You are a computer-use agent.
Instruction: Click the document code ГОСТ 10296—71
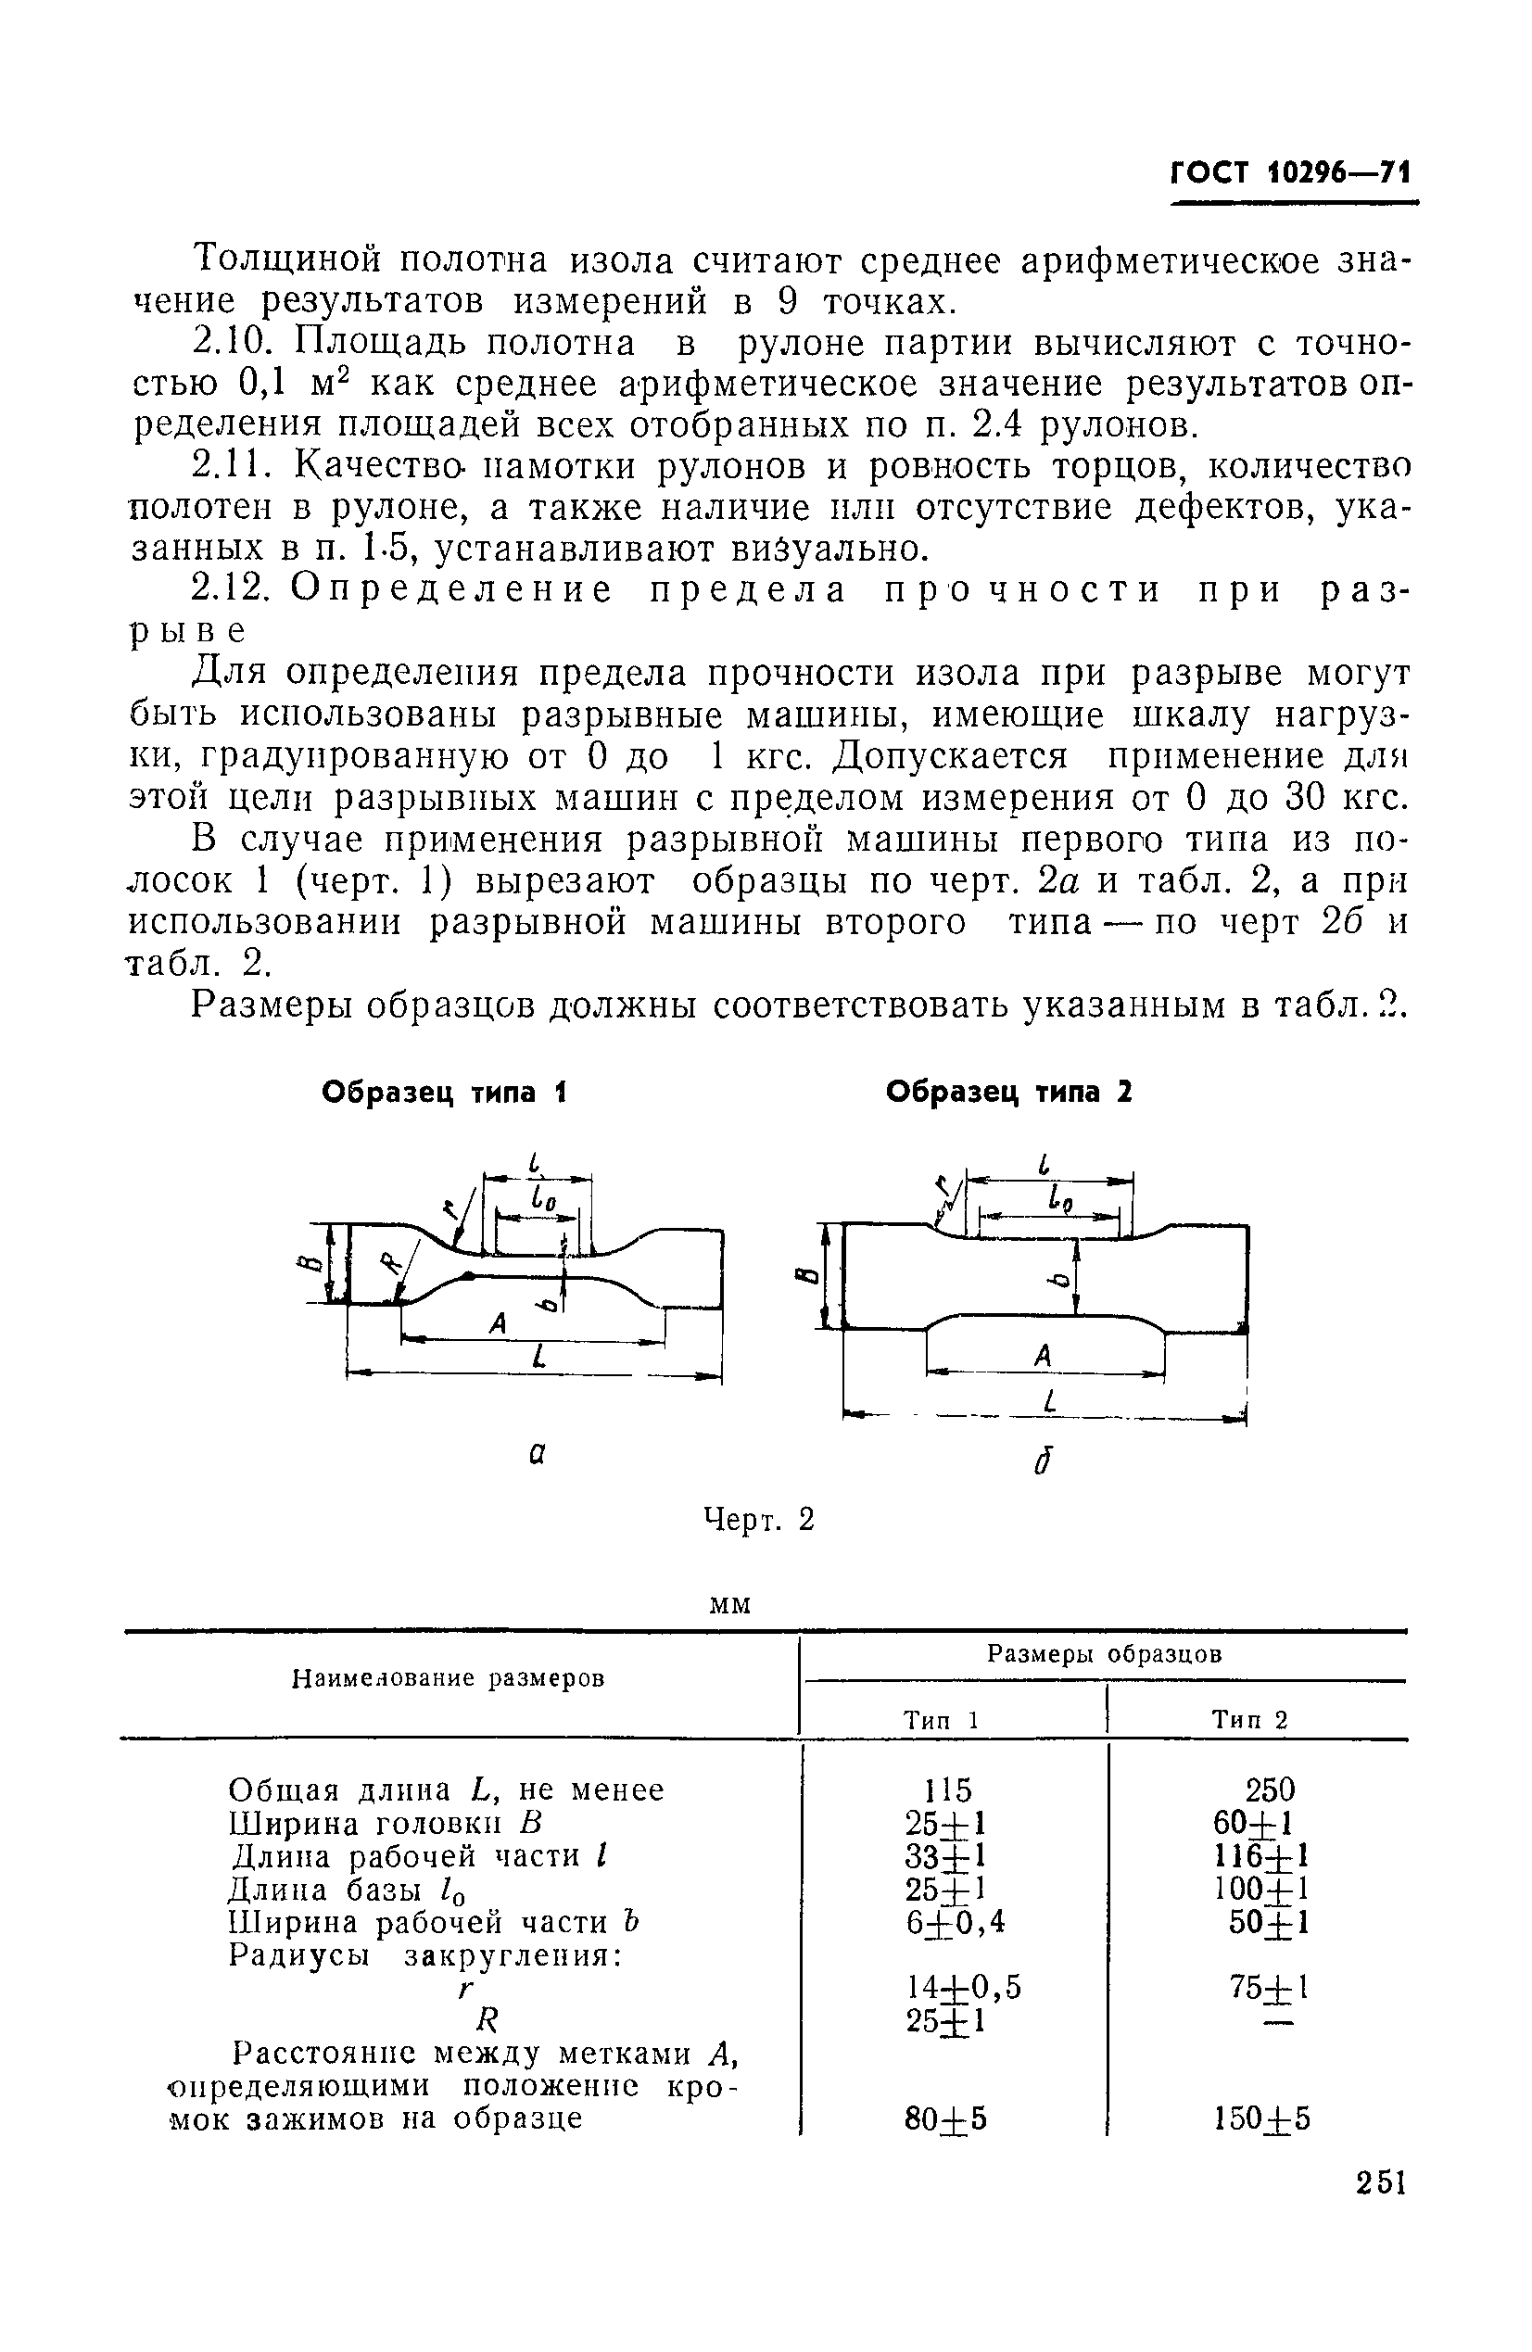click(x=1290, y=174)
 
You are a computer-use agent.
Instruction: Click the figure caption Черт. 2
click(x=758, y=1519)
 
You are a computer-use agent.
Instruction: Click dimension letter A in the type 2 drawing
click(x=1043, y=1357)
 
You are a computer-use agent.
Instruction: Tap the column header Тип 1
click(x=941, y=1720)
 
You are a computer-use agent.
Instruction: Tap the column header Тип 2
click(x=1250, y=1720)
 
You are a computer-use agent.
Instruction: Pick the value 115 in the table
click(x=947, y=1789)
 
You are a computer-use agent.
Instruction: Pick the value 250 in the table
click(x=1269, y=1789)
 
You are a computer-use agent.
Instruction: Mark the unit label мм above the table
click(x=731, y=1605)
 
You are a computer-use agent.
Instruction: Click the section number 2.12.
click(x=229, y=589)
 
